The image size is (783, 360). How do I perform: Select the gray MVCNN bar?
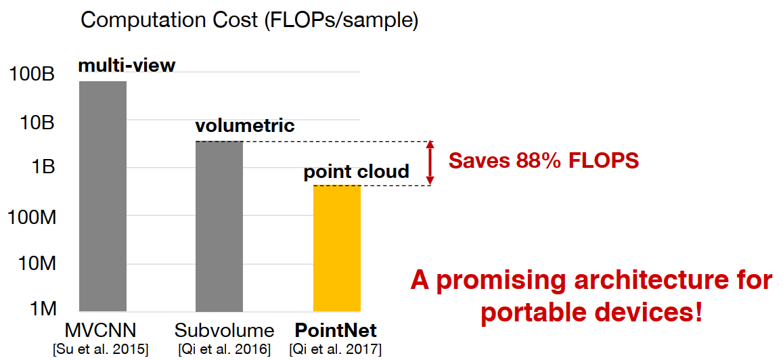pos(103,196)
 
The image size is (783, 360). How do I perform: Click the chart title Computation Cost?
pos(249,20)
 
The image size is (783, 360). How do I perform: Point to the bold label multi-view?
pos(127,66)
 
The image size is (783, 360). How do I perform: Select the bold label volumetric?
pos(245,126)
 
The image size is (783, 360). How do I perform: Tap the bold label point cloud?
pos(356,172)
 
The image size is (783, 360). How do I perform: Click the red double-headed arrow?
pos(430,163)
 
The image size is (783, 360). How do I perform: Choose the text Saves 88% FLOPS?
pos(544,161)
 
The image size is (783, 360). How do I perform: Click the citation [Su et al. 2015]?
pos(101,349)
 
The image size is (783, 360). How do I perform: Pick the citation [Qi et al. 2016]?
pos(224,349)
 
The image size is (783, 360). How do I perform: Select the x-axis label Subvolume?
pos(224,332)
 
